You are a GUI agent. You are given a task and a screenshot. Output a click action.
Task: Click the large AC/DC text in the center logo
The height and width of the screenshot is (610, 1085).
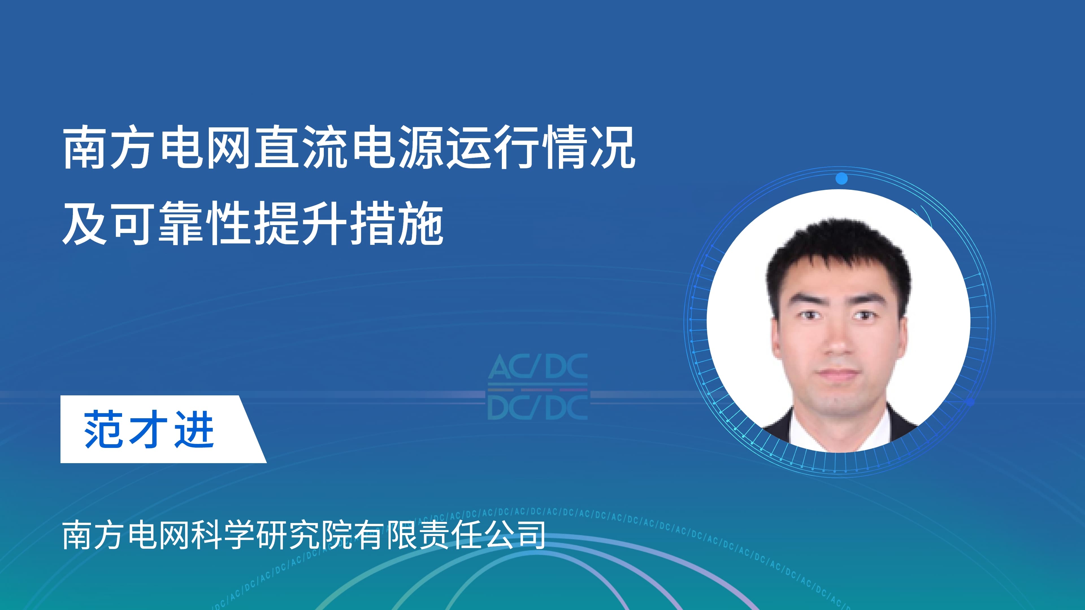[x=538, y=366]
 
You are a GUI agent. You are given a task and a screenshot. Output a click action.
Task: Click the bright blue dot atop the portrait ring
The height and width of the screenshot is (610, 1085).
[x=841, y=178]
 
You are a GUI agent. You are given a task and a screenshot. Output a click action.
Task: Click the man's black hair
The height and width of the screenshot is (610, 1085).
[x=838, y=257]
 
